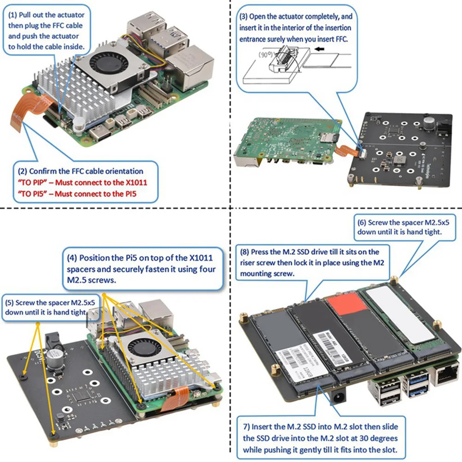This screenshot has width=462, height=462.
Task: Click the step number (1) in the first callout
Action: click(13, 14)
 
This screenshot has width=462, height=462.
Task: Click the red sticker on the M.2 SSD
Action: click(349, 303)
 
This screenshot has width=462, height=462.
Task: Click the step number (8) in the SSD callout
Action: click(245, 252)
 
